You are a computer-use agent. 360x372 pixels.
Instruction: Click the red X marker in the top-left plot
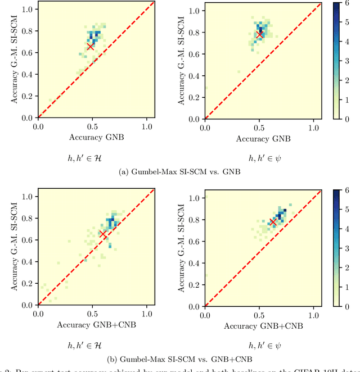point(90,47)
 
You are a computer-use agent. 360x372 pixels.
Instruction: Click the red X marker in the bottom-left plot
point(102,233)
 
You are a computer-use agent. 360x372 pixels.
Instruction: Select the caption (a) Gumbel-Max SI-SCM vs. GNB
point(181,172)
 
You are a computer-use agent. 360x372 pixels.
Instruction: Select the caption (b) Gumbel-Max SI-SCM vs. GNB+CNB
point(181,359)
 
